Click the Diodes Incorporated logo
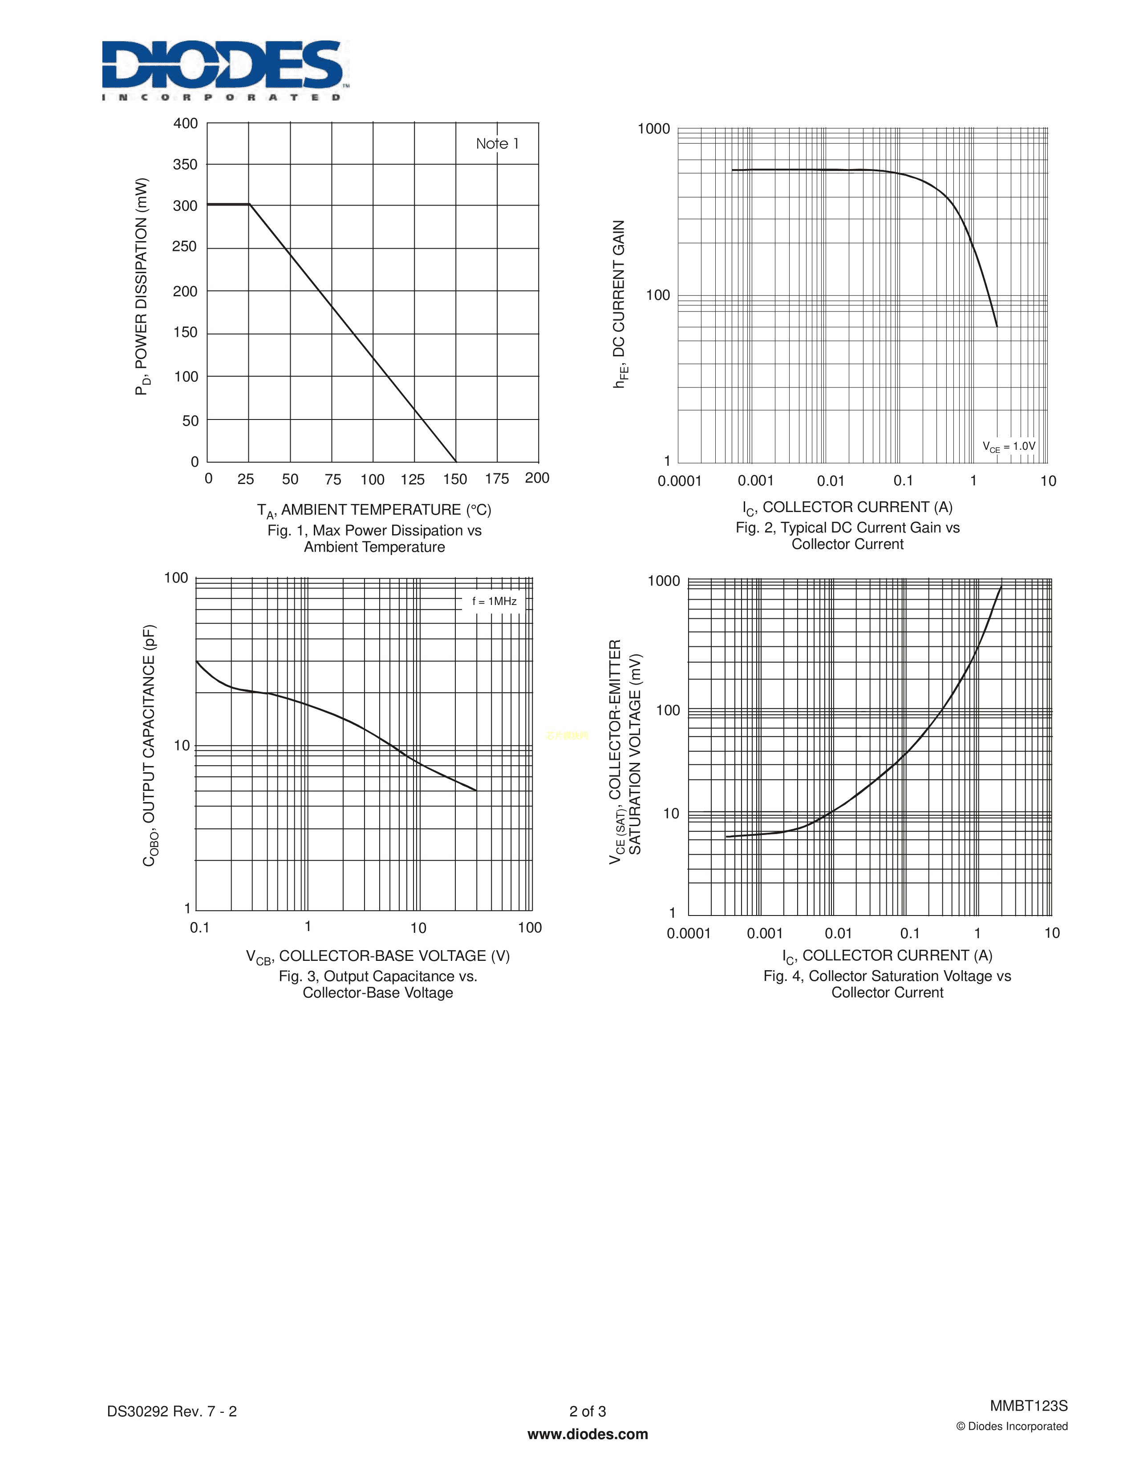[225, 69]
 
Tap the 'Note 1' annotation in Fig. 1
[497, 144]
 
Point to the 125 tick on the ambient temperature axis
[412, 479]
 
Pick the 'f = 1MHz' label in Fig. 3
[494, 601]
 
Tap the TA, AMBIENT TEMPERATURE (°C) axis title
[374, 511]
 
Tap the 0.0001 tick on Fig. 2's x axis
[679, 481]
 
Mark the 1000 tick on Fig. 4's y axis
[664, 581]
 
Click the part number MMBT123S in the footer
[1028, 1405]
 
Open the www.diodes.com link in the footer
[588, 1434]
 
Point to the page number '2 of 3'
[588, 1411]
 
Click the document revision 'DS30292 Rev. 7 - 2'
[172, 1411]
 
